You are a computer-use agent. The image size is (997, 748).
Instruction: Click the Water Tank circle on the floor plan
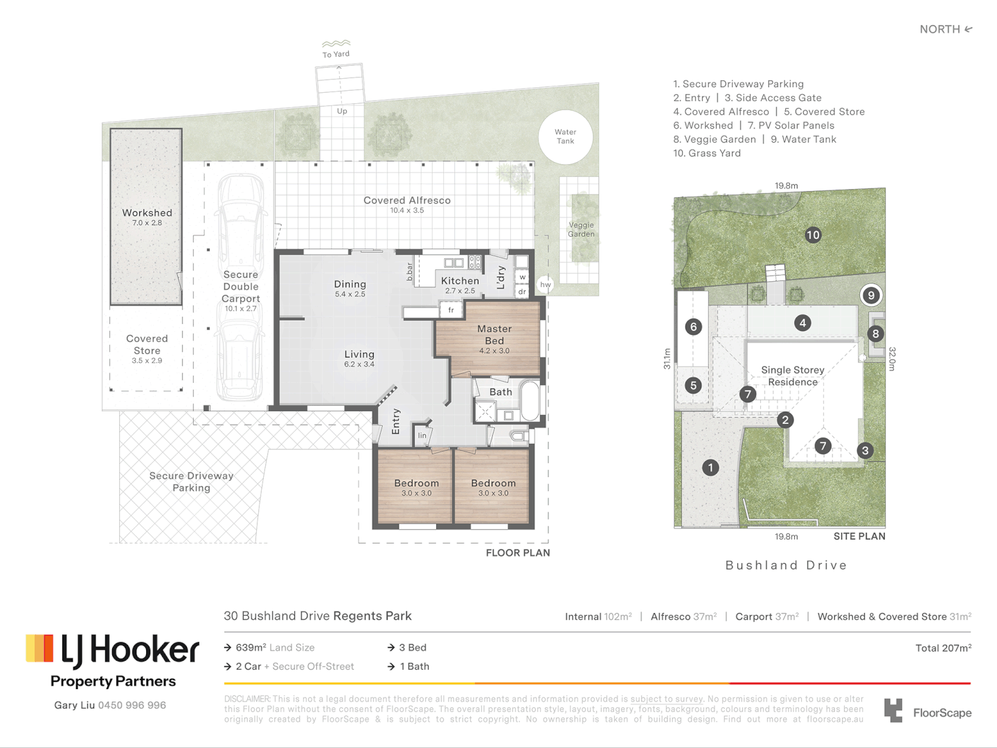point(566,137)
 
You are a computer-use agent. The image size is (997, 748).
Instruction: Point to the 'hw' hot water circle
point(546,285)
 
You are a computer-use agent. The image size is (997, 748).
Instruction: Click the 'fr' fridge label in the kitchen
point(451,310)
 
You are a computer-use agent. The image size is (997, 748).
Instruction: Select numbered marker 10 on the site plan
point(813,235)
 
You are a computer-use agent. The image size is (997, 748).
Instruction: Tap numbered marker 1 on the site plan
point(710,467)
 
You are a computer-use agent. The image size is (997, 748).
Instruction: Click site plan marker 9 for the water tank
point(871,295)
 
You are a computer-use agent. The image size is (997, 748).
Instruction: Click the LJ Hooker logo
point(113,650)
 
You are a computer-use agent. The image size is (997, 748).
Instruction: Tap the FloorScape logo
point(928,711)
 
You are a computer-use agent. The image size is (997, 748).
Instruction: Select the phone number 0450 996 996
point(132,705)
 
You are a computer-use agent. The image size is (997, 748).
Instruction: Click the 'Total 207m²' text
point(943,648)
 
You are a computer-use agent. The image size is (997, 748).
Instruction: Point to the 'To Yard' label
point(336,54)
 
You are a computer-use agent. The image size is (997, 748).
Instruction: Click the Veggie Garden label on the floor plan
point(581,229)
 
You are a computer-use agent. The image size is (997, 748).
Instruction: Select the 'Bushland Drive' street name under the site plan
point(786,565)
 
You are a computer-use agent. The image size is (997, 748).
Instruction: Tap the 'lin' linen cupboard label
point(422,436)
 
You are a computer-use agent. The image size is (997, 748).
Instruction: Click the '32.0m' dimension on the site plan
point(892,359)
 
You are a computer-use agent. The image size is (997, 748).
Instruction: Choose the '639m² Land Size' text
point(274,648)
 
